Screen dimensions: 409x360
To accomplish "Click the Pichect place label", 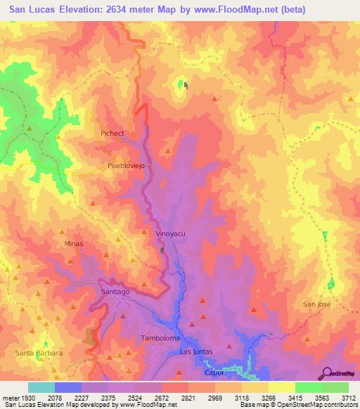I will [x=112, y=133].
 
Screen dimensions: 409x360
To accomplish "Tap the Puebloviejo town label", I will [x=126, y=167].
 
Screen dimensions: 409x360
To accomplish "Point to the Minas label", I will [x=74, y=244].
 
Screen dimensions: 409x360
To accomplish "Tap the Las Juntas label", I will [x=196, y=351].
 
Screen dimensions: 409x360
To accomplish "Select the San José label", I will [x=316, y=304].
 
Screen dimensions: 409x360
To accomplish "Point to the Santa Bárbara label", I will [x=40, y=352].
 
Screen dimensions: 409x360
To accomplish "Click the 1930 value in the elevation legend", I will [x=28, y=398].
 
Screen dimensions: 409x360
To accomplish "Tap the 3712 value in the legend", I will [x=349, y=398].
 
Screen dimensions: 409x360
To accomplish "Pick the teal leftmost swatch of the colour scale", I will [x=41, y=387].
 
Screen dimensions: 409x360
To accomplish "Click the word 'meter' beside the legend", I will [x=9, y=398].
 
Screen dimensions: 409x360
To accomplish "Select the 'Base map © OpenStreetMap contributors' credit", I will [x=298, y=405].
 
